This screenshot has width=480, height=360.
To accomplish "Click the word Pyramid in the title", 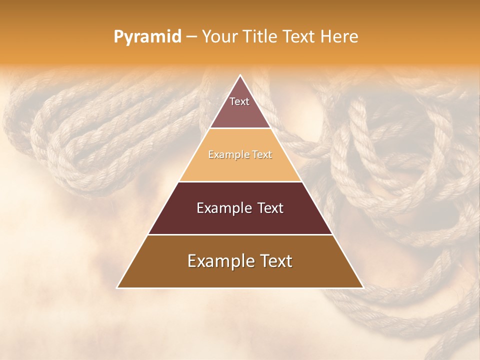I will pos(147,37).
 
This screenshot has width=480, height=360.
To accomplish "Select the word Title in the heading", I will pos(259,36).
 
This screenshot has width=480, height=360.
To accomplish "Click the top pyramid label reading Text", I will pos(239,101).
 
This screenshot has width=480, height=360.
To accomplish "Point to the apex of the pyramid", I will pos(240,76).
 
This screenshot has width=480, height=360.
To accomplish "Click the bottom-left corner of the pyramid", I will pos(118,287).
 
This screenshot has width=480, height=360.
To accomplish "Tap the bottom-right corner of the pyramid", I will pos(362,287).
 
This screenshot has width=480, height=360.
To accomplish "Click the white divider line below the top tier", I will pos(240,128).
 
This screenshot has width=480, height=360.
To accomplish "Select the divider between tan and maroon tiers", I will pos(240,181).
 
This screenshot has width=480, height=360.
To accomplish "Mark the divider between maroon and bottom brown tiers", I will pos(240,234).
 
